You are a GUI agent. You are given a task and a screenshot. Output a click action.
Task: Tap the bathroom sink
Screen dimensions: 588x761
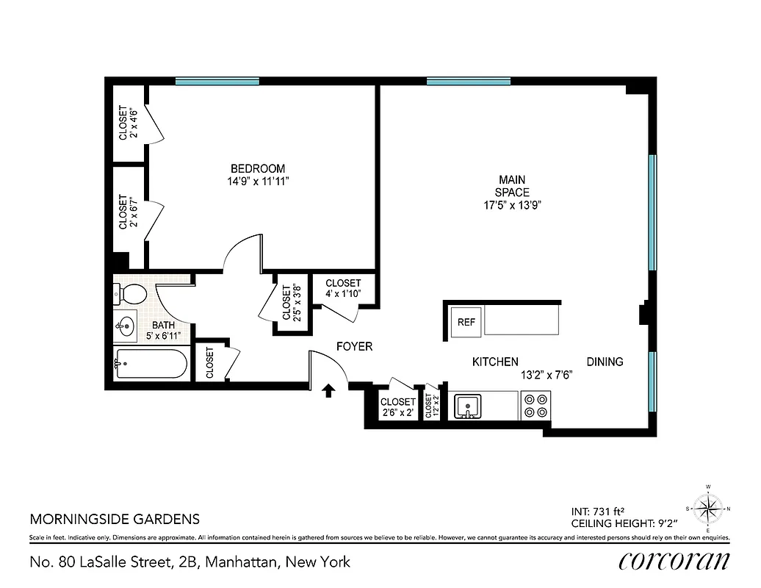tap(126, 324)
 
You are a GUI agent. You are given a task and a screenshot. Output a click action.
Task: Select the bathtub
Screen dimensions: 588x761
tap(151, 364)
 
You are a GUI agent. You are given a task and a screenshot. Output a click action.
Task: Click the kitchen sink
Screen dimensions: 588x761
tap(467, 405)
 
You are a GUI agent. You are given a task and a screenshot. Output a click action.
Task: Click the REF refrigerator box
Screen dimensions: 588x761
tap(466, 322)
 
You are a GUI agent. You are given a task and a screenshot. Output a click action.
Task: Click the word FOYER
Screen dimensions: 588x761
tap(354, 346)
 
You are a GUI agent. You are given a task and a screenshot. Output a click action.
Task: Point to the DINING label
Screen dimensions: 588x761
tap(605, 362)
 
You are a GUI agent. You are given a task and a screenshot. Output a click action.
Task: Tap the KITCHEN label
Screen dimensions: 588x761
tap(494, 362)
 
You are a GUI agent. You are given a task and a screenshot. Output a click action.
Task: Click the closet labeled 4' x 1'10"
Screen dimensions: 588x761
tap(343, 289)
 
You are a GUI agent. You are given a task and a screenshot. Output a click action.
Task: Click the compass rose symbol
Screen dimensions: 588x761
tap(709, 507)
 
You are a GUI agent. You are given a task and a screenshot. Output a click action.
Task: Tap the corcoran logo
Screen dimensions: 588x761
tap(674, 562)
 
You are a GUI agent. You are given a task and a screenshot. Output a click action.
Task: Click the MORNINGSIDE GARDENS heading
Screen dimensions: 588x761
tap(115, 518)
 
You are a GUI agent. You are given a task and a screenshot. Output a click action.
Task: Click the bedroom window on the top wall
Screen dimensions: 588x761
tap(217, 81)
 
